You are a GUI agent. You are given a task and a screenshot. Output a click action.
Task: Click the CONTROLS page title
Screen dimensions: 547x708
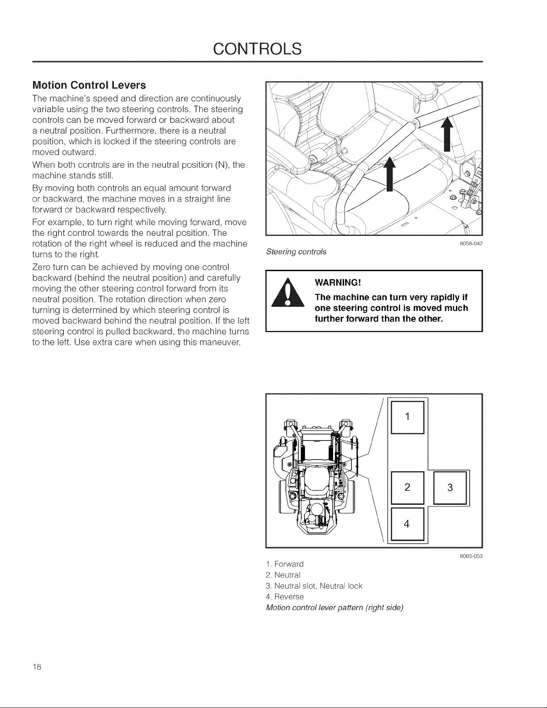(x=257, y=49)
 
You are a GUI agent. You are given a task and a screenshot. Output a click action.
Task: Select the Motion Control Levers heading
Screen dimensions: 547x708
(x=89, y=85)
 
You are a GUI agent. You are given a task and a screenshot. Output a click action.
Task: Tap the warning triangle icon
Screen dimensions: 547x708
(x=288, y=293)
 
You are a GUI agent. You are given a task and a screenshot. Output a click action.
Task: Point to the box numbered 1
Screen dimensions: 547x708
(x=407, y=417)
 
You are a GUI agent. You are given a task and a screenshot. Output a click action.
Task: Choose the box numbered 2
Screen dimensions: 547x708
(x=407, y=487)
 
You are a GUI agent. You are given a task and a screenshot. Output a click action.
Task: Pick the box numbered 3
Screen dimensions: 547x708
(x=450, y=487)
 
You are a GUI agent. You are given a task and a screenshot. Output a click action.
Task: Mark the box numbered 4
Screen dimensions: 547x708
(x=407, y=524)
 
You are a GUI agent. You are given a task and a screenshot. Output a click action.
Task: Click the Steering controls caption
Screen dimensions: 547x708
(x=296, y=252)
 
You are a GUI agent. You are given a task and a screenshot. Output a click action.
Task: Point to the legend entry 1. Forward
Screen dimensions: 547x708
(x=284, y=564)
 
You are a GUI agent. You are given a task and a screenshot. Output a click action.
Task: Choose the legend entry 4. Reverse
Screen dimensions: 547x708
(x=284, y=597)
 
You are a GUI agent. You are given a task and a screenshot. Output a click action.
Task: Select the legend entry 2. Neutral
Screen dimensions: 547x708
(x=283, y=575)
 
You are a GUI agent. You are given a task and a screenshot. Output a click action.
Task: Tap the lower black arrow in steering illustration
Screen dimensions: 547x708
(x=389, y=173)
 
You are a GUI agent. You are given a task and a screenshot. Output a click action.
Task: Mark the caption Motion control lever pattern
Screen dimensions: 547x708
(x=335, y=608)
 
